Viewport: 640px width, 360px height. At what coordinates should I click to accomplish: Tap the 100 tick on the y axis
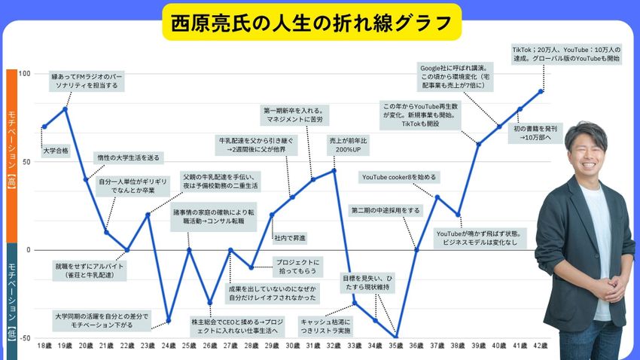pos(24,74)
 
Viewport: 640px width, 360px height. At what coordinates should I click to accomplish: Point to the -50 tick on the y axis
pos(24,338)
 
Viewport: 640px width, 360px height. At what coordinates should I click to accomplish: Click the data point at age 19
pos(66,108)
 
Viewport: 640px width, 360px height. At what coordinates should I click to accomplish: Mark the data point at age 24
pos(169,321)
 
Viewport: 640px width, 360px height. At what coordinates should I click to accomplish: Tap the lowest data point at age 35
pos(395,337)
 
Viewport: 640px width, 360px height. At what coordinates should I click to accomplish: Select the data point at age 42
pos(541,91)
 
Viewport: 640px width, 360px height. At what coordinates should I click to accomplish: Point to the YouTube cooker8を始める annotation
pos(398,177)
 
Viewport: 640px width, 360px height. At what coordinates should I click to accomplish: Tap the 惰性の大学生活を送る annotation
pos(129,157)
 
